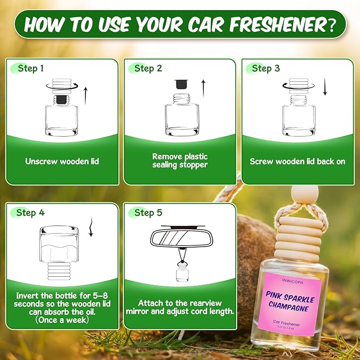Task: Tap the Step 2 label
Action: point(144,68)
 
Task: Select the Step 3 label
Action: point(262,68)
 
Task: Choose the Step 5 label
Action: point(144,213)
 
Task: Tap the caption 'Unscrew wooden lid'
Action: point(62,161)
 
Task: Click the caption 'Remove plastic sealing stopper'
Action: point(180,161)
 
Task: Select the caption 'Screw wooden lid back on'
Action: point(297,161)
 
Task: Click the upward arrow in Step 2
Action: point(203,88)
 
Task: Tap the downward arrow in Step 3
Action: point(325,88)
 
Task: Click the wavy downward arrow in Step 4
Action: point(91,228)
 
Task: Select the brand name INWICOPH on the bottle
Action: point(292,275)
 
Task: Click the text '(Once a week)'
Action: point(62,320)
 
